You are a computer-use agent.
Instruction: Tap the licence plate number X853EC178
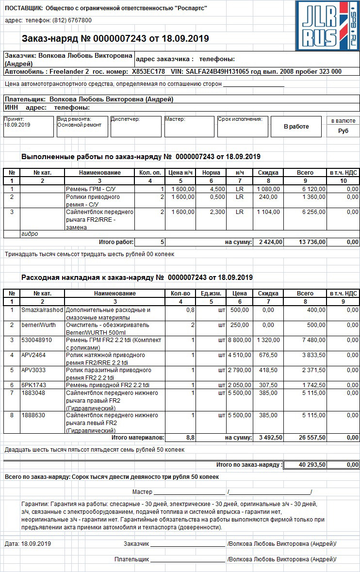pos(148,71)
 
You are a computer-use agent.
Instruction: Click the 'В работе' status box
pos(296,127)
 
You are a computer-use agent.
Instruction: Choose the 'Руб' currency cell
pos(343,131)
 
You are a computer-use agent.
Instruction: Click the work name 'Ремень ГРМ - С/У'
pos(91,189)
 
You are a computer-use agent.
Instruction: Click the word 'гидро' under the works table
pos(29,234)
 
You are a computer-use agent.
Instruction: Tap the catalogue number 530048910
pos(36,340)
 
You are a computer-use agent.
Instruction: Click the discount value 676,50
pos(268,355)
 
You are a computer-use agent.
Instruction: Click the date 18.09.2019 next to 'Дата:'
pos(36,544)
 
